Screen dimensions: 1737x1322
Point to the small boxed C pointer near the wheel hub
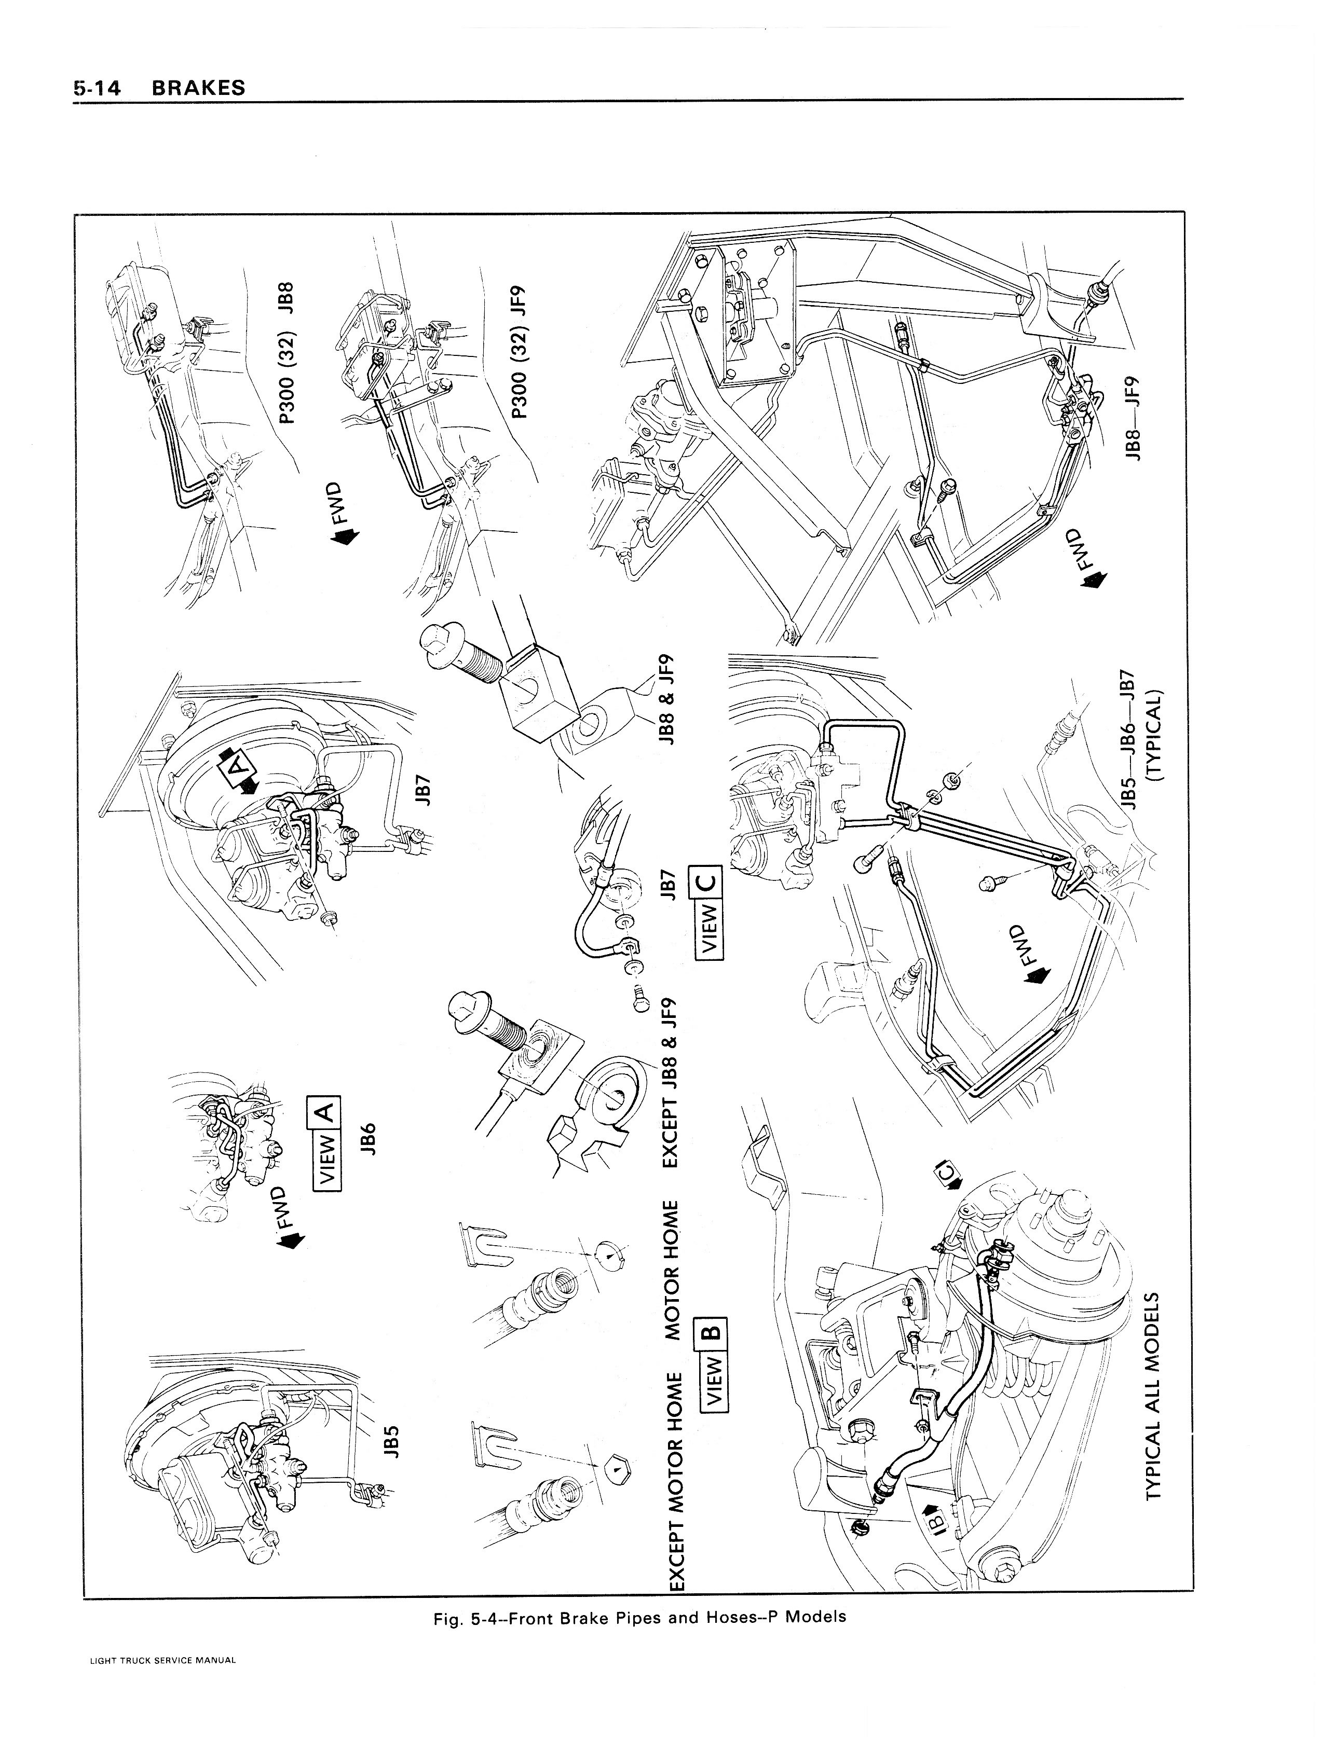(947, 1176)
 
